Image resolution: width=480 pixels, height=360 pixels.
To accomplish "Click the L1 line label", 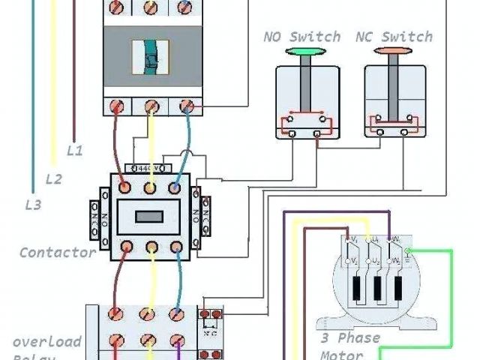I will tap(75, 150).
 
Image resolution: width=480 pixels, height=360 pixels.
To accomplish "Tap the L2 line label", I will tap(54, 178).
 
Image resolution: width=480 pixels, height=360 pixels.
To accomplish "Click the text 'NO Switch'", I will tap(302, 36).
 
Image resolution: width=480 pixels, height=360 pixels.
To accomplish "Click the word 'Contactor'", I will tap(58, 252).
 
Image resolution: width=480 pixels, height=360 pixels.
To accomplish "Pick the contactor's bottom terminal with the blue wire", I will tap(178, 246).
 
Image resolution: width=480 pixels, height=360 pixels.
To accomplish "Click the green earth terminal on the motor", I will tap(407, 250).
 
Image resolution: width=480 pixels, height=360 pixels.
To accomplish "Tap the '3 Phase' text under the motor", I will tap(349, 337).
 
